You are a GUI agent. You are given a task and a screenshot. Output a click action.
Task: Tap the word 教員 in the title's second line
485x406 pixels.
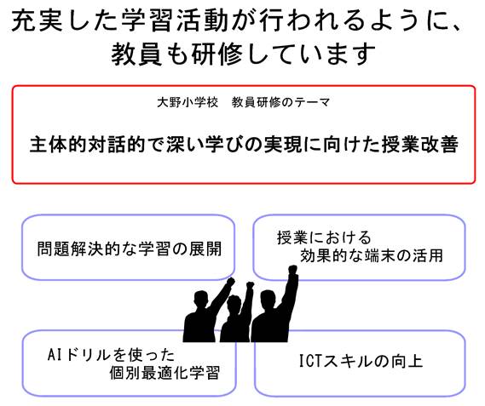point(136,54)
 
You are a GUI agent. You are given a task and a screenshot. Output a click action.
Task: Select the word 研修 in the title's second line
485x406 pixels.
point(217,54)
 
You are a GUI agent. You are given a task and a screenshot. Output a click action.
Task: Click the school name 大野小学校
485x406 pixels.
point(188,102)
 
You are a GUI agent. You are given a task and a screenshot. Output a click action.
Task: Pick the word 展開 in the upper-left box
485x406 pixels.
point(205,249)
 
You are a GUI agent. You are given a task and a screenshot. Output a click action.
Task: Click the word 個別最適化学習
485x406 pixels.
point(165,373)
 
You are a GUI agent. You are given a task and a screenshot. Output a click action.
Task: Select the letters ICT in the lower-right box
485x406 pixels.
point(310,361)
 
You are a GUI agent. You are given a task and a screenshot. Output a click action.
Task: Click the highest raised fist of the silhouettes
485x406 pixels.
point(292,270)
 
